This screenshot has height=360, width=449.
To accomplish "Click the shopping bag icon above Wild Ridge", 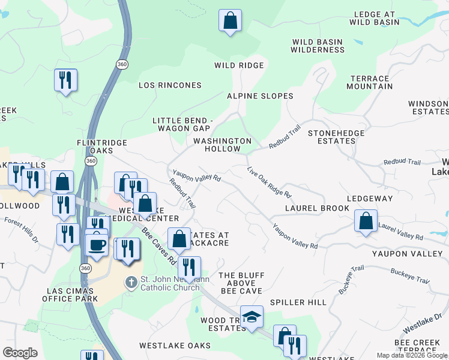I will coord(230,21).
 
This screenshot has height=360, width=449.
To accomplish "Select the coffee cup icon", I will coord(97,244).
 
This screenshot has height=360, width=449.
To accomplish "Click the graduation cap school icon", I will coord(252,317).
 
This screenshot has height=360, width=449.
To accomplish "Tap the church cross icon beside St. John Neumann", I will coord(131,282).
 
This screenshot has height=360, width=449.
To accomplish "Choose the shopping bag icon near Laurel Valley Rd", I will coord(366,221).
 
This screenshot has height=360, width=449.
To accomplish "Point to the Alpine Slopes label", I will coord(260,96).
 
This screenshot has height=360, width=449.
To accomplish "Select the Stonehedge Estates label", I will coord(331,137).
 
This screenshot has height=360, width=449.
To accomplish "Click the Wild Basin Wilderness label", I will coord(318,46).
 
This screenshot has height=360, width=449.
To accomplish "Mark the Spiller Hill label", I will coord(298,302).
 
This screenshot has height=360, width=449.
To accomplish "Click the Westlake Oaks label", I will coord(175,346).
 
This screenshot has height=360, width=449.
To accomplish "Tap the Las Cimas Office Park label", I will coord(71,295).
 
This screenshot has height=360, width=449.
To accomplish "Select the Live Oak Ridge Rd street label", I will coord(269,183).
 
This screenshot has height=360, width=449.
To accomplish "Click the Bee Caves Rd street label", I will coord(159,246).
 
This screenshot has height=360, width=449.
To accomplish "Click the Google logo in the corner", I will coord(20,353).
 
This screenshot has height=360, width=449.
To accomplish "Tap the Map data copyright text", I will coord(412,356).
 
